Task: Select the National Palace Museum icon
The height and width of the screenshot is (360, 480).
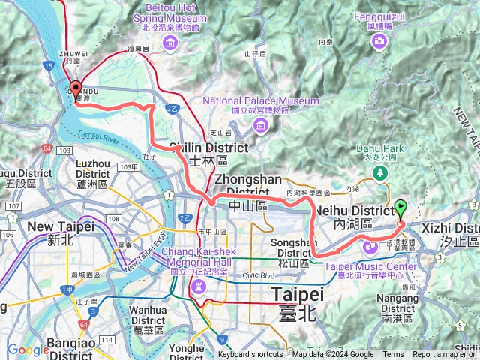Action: (x=261, y=124)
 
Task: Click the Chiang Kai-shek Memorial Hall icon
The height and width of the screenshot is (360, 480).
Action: (x=199, y=286)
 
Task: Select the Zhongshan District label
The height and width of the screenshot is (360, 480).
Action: (x=248, y=185)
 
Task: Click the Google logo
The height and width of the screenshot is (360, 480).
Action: (x=28, y=349)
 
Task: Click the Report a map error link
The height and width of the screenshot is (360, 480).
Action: (x=445, y=355)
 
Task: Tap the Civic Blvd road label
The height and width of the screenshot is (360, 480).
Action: (x=257, y=274)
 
